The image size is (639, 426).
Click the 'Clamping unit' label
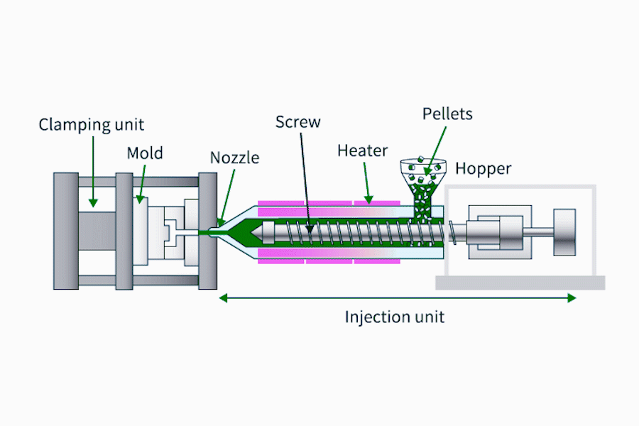point(92,125)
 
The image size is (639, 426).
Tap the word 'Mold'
point(145,153)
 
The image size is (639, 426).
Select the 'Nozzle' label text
point(235,158)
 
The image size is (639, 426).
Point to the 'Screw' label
point(298,121)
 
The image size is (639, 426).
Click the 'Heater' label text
point(362,151)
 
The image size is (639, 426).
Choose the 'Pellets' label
point(447,114)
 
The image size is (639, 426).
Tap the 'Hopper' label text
point(483,169)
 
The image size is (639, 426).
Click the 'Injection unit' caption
point(395,317)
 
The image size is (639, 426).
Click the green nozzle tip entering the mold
point(213,231)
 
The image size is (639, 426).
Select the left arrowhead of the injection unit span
point(223,298)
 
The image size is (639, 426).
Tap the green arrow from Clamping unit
point(93,170)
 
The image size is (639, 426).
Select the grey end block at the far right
point(565,232)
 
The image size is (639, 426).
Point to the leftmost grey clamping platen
point(65,231)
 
